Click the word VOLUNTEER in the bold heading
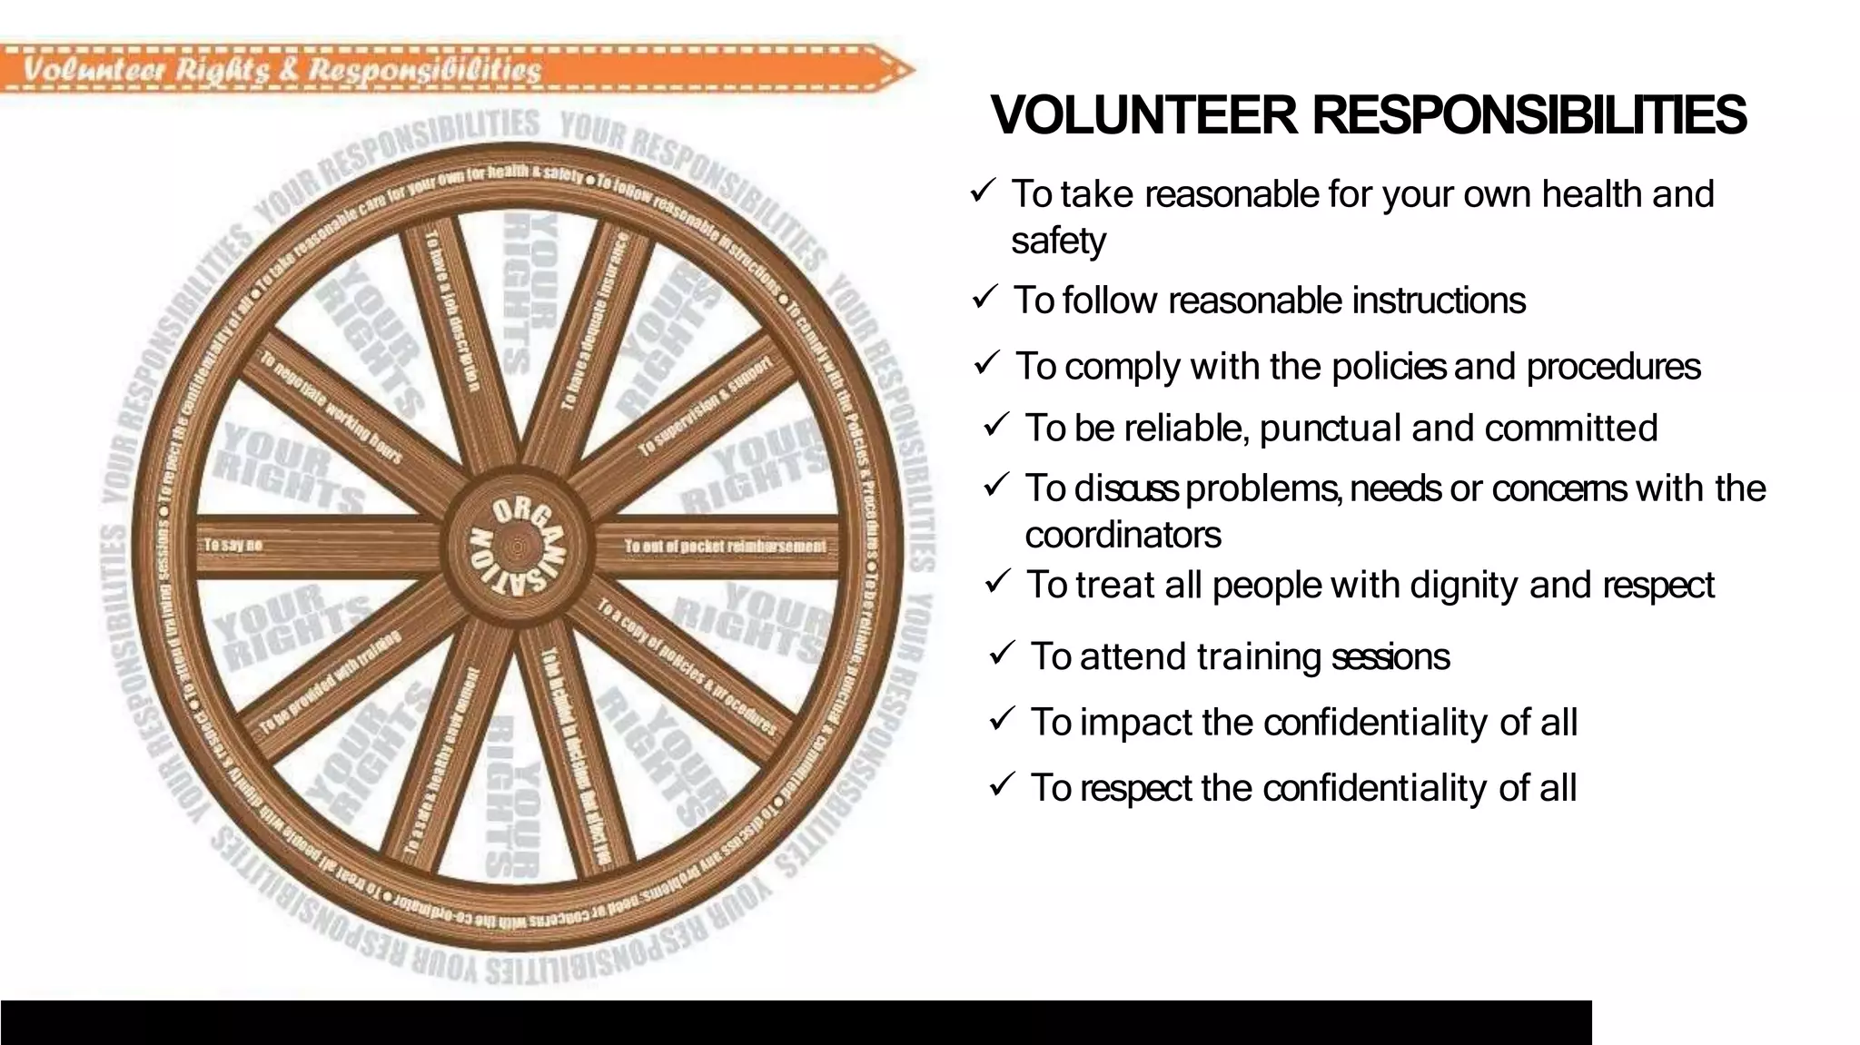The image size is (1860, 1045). pos(1144,116)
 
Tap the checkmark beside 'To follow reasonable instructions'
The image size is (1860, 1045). pos(984,297)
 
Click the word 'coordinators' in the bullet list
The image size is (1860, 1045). pos(1123,535)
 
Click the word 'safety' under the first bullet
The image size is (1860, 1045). pos(1058,242)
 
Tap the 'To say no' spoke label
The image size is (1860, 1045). pos(232,545)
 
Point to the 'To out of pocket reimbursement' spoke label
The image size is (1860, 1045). pos(725,546)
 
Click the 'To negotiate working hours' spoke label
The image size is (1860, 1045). pos(331,408)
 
